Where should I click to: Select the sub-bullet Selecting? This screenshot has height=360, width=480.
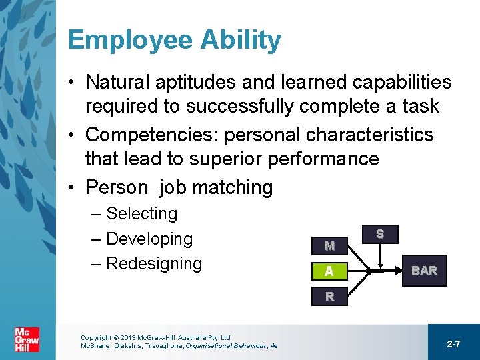[x=141, y=214]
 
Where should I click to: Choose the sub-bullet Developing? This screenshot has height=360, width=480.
[x=149, y=239]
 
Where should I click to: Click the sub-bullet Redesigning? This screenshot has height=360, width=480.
[x=153, y=263]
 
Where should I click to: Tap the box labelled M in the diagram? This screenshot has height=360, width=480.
[x=329, y=245]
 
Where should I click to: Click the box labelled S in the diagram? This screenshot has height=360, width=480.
[x=379, y=234]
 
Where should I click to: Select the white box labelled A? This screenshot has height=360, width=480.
[x=329, y=271]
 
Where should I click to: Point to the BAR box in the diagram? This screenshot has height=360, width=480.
[x=424, y=271]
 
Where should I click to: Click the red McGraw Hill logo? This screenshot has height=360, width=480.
[x=27, y=340]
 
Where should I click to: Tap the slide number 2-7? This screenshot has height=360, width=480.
[x=453, y=344]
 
